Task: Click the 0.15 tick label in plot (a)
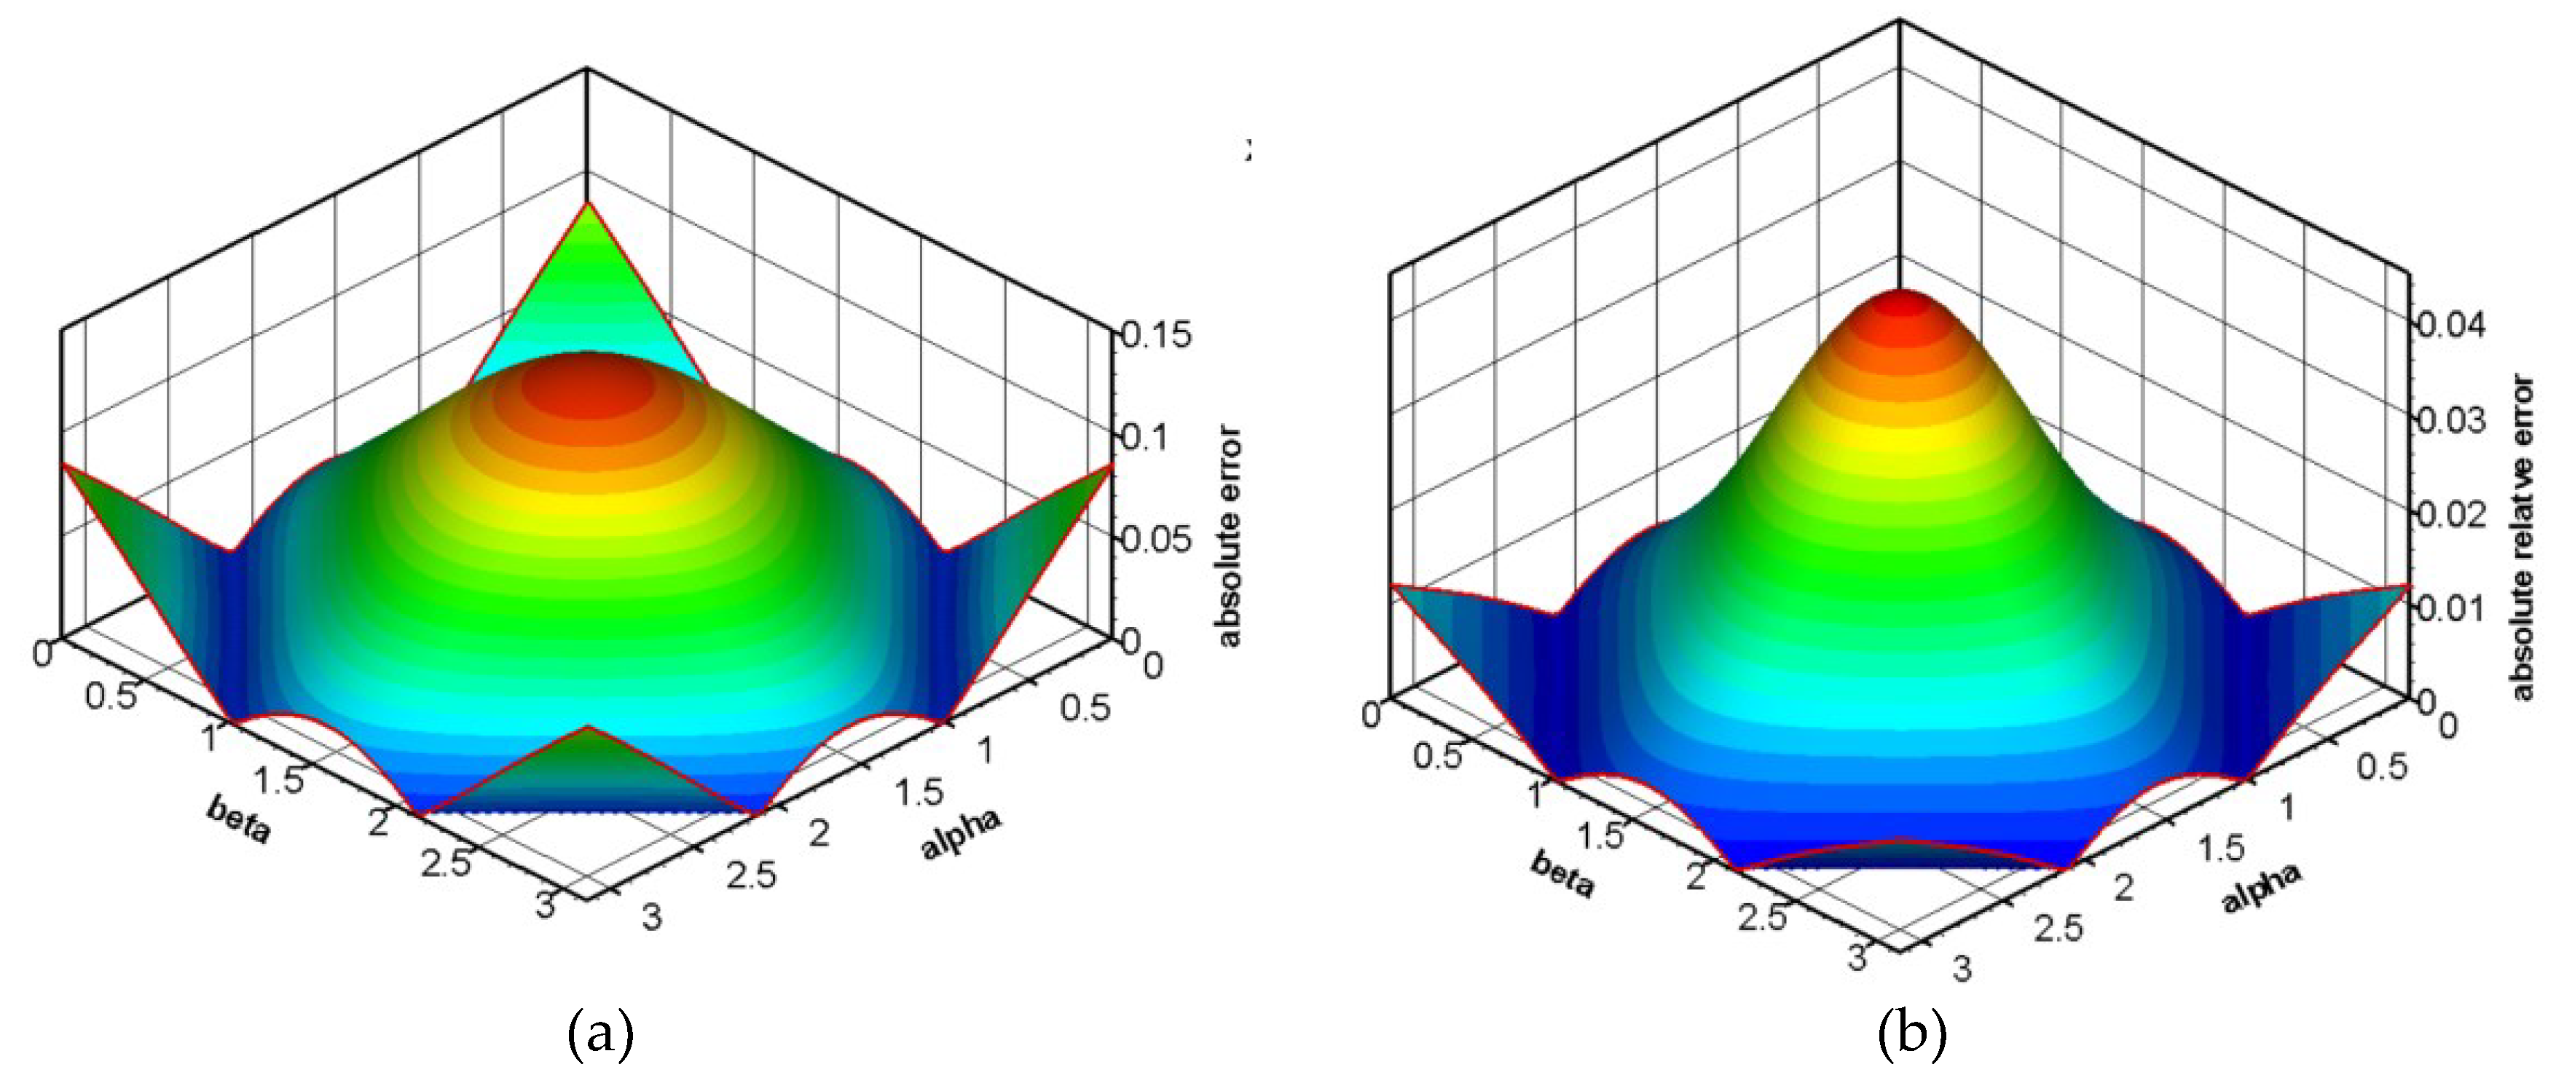click(1155, 336)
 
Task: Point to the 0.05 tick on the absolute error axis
click(1155, 540)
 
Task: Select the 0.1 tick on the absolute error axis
click(1144, 437)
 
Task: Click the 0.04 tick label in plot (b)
click(2450, 326)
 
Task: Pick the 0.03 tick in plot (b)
click(2450, 419)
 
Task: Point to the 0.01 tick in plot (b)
click(2450, 607)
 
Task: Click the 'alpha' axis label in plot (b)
click(2262, 887)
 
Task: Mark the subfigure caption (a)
click(600, 1035)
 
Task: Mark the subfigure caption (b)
click(1911, 1035)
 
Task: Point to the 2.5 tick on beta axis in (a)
click(445, 863)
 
